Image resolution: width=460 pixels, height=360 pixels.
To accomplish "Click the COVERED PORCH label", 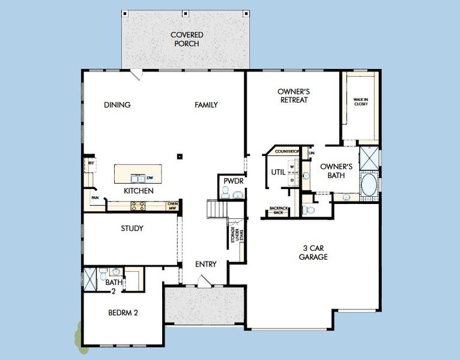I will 187,39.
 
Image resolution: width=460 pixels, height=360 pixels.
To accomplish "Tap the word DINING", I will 117,105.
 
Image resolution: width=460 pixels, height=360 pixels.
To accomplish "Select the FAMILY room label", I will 206,105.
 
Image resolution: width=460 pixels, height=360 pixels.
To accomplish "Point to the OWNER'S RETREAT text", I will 293,96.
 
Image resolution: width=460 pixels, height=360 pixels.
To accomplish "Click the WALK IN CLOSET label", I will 360,102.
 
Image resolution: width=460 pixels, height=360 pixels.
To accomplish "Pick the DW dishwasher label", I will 150,178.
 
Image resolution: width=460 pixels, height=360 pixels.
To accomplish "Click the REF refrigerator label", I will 91,163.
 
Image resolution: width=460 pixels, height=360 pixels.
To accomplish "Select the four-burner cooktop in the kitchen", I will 136,206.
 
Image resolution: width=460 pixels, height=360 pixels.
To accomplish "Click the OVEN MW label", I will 172,206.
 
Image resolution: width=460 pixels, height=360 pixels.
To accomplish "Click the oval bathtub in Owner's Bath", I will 369,184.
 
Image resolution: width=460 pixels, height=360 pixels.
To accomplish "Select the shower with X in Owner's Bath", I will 369,158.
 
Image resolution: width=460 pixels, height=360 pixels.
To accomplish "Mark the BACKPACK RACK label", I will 279,211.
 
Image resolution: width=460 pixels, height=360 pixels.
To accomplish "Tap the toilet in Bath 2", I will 103,271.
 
